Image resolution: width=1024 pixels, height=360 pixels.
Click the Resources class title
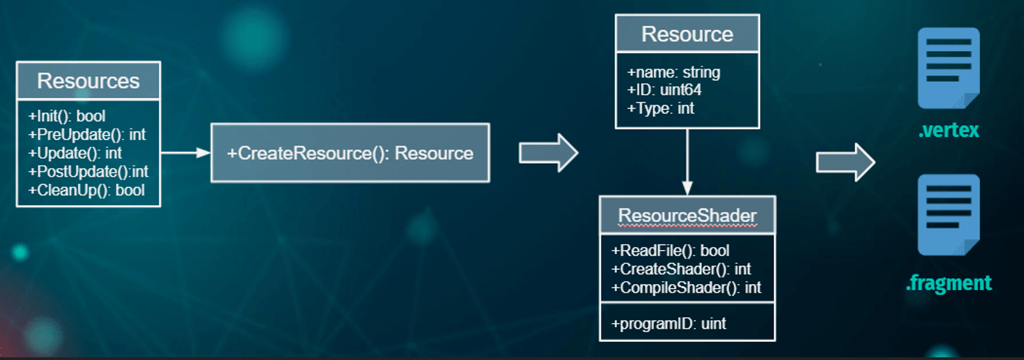pyautogui.click(x=88, y=81)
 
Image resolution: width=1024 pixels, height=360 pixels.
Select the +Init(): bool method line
pyautogui.click(x=67, y=116)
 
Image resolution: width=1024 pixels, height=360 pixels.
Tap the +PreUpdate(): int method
pyautogui.click(x=87, y=135)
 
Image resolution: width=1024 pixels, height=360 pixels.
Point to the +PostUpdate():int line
pyautogui.click(x=88, y=172)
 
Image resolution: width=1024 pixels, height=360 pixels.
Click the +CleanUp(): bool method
pyautogui.click(x=86, y=190)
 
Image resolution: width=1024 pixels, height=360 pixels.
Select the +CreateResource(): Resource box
pyautogui.click(x=350, y=153)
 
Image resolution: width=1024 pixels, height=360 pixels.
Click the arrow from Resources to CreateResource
pyautogui.click(x=185, y=153)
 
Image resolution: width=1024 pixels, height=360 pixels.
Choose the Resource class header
pyautogui.click(x=687, y=34)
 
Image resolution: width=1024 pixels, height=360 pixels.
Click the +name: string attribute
pyautogui.click(x=673, y=72)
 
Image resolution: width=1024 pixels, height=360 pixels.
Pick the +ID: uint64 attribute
pyautogui.click(x=664, y=90)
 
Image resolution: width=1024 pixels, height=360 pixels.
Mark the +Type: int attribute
pyautogui.click(x=661, y=108)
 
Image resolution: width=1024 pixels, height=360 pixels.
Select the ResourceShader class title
pyautogui.click(x=687, y=215)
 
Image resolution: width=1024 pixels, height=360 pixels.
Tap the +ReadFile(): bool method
pyautogui.click(x=670, y=251)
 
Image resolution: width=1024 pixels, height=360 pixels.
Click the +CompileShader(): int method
pyautogui.click(x=686, y=288)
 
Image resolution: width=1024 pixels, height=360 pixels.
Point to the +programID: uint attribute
pyautogui.click(x=668, y=324)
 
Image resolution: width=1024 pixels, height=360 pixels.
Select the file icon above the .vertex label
pyautogui.click(x=948, y=68)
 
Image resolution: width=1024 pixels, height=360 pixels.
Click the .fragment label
pyautogui.click(x=948, y=283)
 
